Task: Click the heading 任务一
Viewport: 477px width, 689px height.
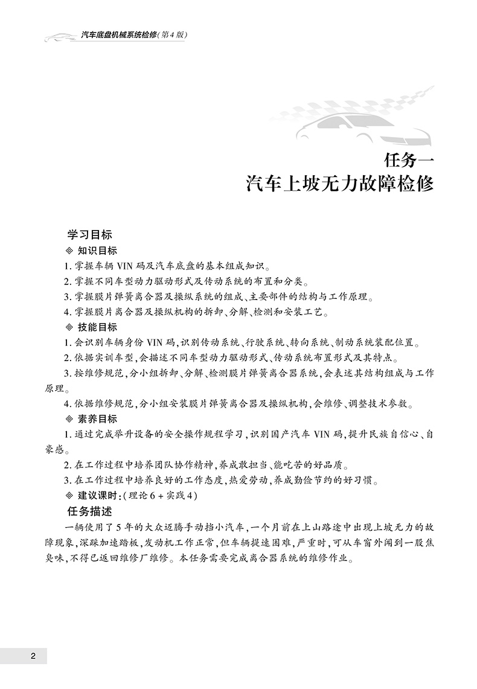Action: point(409,161)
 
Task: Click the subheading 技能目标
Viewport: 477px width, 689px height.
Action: point(97,327)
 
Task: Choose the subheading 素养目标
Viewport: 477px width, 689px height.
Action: point(97,418)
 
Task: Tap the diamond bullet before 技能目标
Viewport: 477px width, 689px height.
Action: point(68,327)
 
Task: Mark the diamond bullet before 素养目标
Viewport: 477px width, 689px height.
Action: point(68,418)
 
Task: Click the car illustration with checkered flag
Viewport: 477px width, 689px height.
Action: point(362,118)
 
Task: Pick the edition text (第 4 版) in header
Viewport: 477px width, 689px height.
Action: point(171,35)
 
